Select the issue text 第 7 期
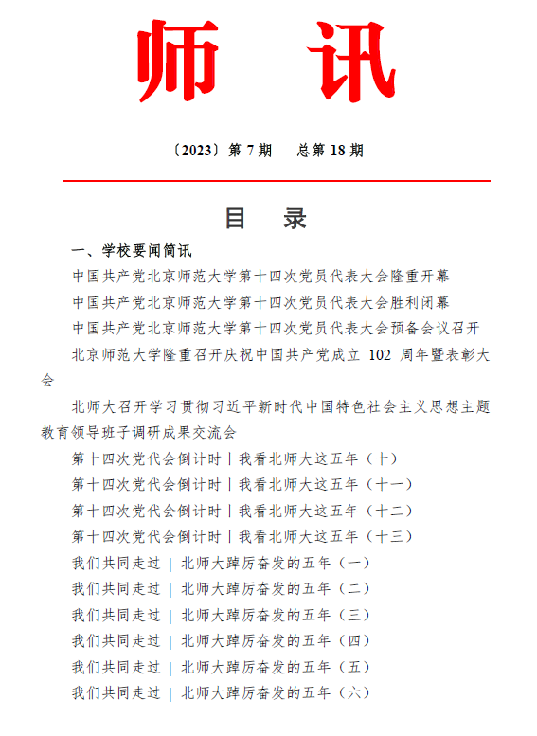(x=251, y=150)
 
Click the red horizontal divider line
(x=276, y=180)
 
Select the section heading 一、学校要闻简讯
(x=132, y=251)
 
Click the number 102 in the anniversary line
(x=378, y=354)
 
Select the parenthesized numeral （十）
(x=382, y=458)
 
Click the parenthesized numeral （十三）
(x=389, y=536)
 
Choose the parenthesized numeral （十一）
(x=389, y=484)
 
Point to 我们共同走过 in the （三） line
(x=116, y=615)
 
